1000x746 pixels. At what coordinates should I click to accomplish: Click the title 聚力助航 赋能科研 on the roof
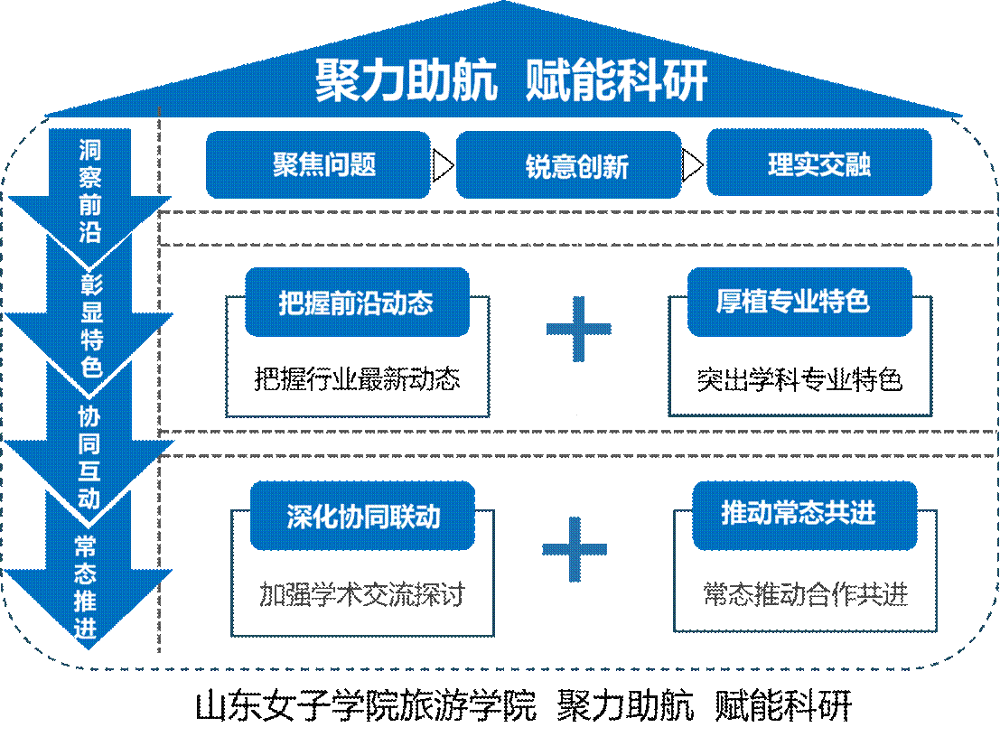pos(511,81)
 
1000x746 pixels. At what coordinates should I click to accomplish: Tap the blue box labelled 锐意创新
pos(568,165)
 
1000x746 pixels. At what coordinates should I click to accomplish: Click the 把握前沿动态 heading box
pos(357,302)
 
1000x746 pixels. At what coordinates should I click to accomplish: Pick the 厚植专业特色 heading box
pos(799,302)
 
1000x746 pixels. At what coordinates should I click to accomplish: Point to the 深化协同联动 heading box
pos(362,516)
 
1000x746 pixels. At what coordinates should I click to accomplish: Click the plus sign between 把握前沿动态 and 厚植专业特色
pos(578,329)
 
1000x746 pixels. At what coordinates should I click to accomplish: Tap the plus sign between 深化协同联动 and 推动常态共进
pos(575,549)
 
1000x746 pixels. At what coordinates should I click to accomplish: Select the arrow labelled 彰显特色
pos(89,325)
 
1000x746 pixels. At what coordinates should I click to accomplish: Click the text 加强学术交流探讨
pos(361,595)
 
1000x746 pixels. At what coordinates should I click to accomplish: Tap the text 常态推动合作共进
pos(805,595)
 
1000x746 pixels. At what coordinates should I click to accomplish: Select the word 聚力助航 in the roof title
pos(407,81)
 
